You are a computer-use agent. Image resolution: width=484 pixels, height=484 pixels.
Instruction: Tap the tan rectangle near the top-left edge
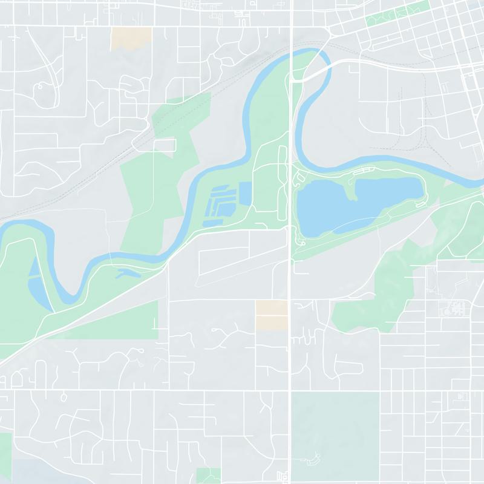[131, 38]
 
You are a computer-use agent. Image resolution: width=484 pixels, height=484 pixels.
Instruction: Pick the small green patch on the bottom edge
[209, 476]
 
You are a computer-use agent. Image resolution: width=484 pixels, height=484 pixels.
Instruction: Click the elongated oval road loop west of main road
[281, 181]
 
